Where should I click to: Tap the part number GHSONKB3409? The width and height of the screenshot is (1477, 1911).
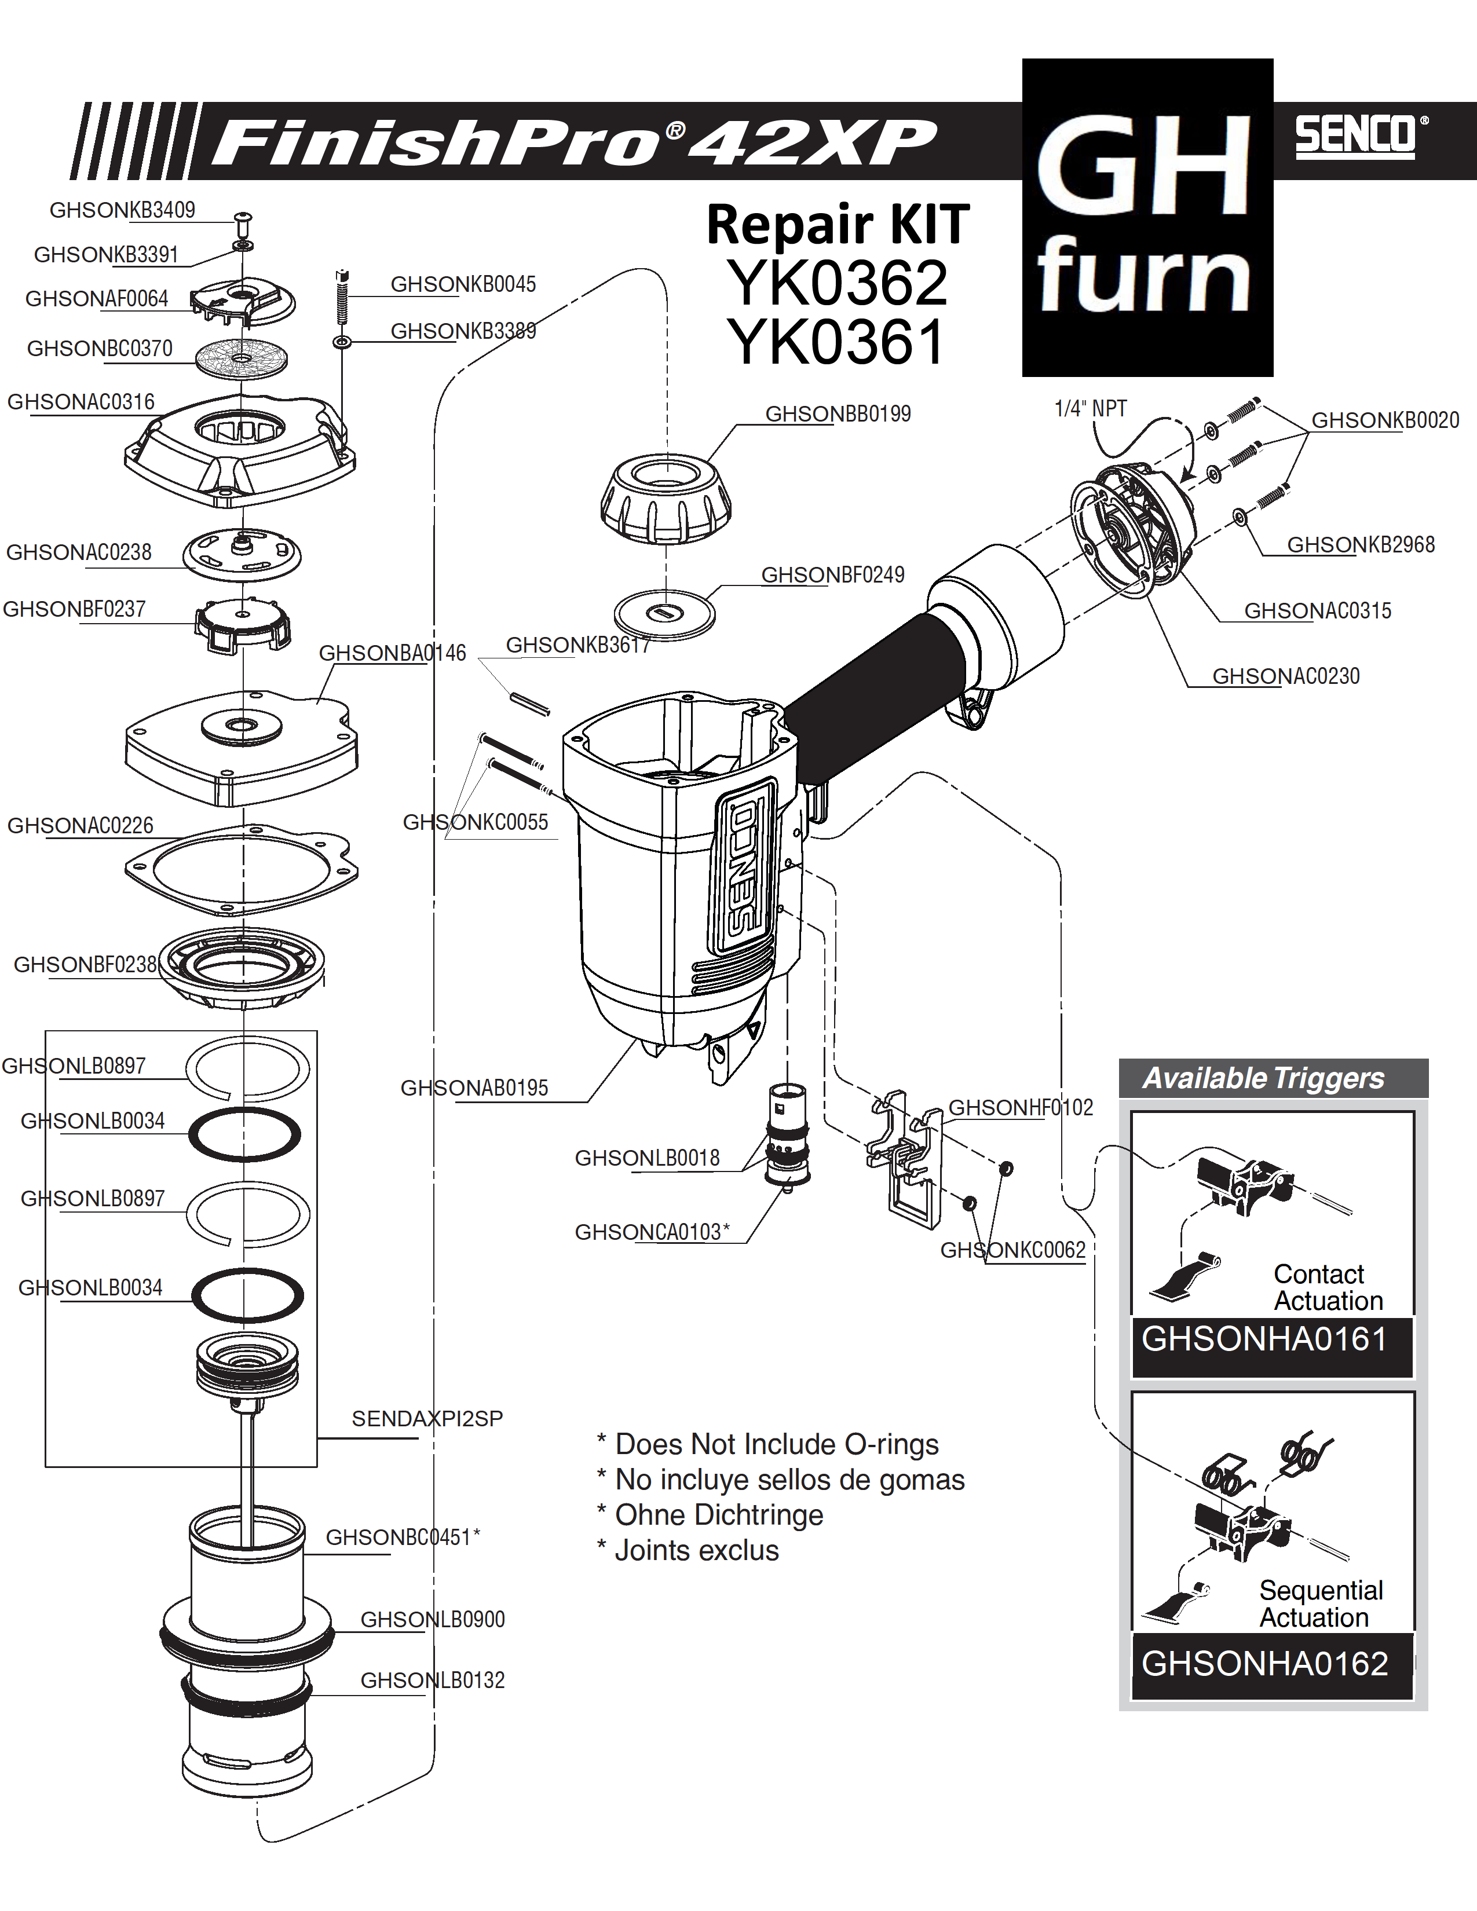[x=122, y=210]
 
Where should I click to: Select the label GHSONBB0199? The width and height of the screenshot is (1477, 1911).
[x=838, y=414]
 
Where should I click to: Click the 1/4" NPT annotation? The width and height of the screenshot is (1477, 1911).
[x=1090, y=409]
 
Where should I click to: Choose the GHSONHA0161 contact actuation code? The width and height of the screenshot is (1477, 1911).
[x=1264, y=1339]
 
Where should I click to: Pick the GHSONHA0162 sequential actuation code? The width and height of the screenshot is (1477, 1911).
[x=1264, y=1663]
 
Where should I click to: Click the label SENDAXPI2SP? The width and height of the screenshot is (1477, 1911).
[x=427, y=1418]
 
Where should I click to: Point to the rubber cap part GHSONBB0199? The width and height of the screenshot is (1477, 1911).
[x=666, y=497]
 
